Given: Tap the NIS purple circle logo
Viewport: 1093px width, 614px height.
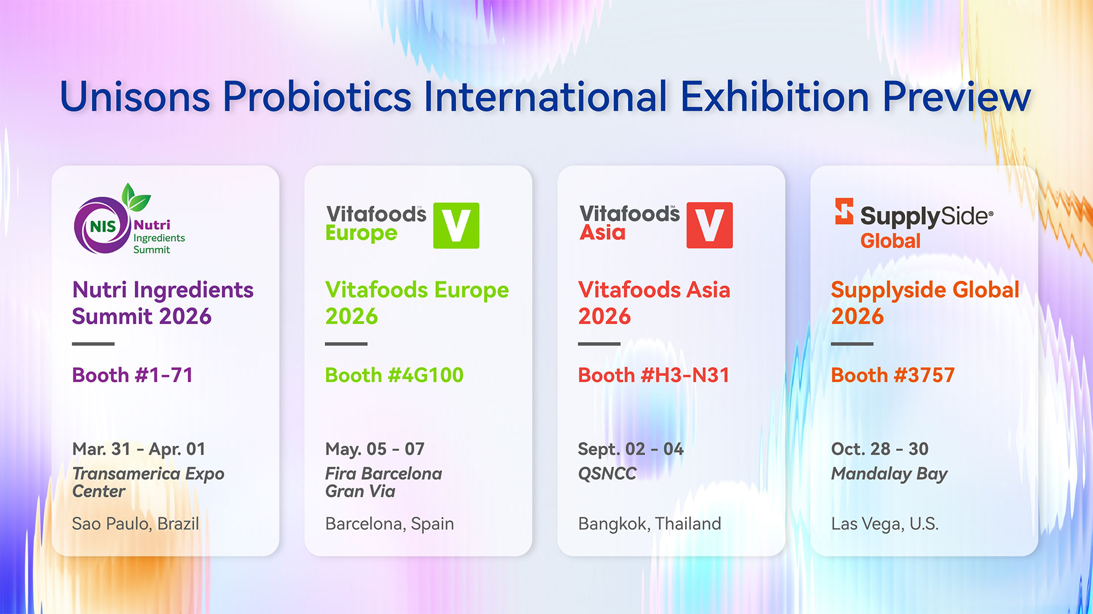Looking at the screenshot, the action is (x=103, y=226).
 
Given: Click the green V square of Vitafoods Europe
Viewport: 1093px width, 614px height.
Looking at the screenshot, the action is (x=456, y=226).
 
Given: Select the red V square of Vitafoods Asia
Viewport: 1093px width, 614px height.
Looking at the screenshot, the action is (x=710, y=225).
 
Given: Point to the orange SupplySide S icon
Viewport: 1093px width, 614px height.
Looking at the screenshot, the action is (x=844, y=211).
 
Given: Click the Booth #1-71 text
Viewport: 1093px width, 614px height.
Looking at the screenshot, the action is (x=133, y=375).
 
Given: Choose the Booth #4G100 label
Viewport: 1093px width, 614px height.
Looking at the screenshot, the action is (x=394, y=375).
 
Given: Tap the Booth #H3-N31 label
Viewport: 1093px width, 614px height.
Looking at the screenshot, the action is (x=654, y=375).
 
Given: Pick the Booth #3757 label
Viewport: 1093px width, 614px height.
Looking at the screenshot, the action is (x=893, y=375).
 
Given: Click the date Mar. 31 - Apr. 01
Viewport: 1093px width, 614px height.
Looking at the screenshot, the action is (x=139, y=449).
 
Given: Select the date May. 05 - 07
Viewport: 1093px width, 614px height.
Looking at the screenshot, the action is (x=375, y=449).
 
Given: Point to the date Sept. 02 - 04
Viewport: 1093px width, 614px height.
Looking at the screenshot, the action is (x=631, y=449).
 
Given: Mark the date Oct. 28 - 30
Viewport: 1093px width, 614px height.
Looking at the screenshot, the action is (x=880, y=449).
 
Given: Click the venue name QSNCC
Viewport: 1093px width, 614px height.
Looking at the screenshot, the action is (x=607, y=474).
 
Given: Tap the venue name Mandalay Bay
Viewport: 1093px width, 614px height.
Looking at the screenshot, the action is (x=889, y=474).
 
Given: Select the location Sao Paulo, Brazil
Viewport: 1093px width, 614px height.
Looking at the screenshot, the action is (x=135, y=524).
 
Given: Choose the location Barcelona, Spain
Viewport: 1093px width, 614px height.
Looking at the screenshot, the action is (x=390, y=524).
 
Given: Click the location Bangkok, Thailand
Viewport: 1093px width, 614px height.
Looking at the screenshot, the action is (x=650, y=524).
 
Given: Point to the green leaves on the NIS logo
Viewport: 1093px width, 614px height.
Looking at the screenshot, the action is (x=135, y=198).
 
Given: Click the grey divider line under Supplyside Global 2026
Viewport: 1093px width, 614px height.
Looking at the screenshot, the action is (x=852, y=344).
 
